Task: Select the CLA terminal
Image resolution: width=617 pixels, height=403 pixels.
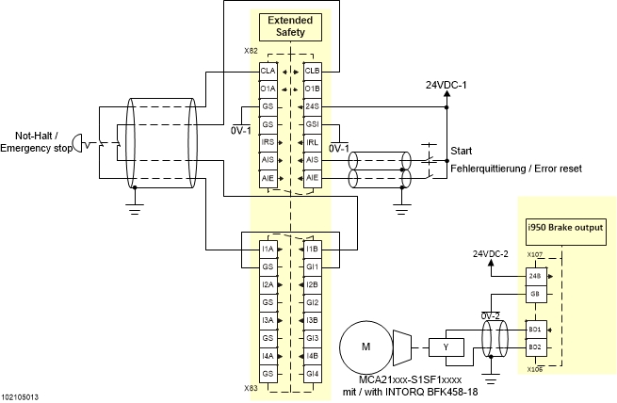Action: point(268,71)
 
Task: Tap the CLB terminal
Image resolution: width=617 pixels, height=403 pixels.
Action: point(312,71)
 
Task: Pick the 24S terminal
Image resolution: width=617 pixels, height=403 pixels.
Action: point(312,106)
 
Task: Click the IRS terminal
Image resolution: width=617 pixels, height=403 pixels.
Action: point(268,142)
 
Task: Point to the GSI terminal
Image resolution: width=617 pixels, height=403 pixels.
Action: point(312,124)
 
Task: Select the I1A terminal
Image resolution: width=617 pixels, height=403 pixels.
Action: point(268,250)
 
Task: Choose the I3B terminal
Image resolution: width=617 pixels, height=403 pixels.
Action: point(312,321)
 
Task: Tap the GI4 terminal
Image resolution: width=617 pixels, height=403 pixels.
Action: point(312,374)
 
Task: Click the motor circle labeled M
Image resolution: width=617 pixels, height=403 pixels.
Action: point(365,347)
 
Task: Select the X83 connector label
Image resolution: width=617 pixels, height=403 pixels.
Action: point(251,387)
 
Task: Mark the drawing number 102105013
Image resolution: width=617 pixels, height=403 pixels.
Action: point(21,397)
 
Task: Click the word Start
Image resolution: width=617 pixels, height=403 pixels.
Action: point(461,151)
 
